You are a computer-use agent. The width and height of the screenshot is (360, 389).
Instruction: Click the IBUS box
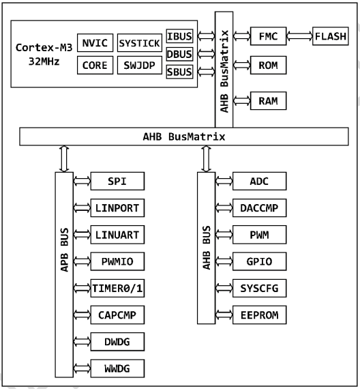pos(179,36)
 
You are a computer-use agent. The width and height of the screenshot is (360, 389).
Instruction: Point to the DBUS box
pos(179,54)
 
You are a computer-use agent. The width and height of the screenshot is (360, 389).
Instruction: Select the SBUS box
pos(179,72)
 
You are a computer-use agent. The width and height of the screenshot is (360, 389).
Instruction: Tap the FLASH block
pos(330,36)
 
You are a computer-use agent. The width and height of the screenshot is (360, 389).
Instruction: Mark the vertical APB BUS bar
pos(63,273)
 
